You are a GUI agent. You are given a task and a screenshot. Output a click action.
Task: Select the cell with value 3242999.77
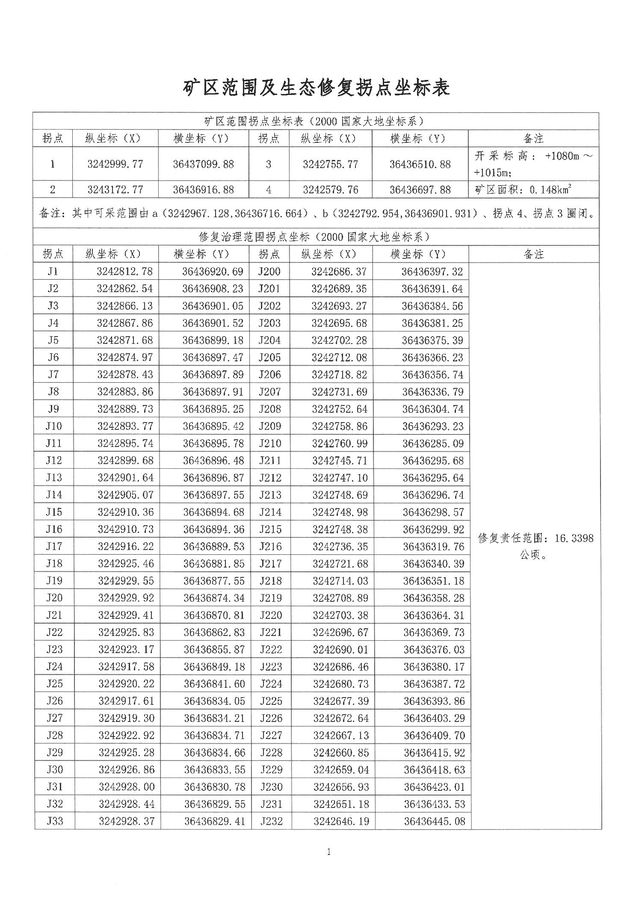[x=115, y=164]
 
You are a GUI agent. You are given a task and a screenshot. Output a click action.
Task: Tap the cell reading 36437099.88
[x=203, y=164]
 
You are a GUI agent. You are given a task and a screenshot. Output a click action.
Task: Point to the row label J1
[x=53, y=272]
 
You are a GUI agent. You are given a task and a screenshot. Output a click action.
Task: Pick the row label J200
[x=269, y=272]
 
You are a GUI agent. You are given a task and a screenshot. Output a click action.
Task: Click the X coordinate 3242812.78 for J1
[x=124, y=272]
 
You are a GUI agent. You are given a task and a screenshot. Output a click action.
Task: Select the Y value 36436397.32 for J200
[x=432, y=272]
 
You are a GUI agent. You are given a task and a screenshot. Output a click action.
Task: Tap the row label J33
[x=54, y=821]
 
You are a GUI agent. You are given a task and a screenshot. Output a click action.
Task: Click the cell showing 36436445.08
[x=435, y=821]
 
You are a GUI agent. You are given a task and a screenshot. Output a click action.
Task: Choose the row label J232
[x=271, y=821]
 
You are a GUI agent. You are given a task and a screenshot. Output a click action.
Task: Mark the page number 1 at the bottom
[x=328, y=852]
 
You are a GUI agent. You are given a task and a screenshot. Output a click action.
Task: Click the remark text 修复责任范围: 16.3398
[x=535, y=538]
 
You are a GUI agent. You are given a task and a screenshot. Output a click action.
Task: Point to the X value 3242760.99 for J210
[x=340, y=444]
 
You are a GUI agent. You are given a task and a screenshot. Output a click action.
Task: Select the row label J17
[x=54, y=546]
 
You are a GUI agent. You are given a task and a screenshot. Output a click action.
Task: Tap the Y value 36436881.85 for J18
[x=214, y=563]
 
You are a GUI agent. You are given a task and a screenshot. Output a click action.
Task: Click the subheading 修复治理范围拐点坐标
[x=314, y=237]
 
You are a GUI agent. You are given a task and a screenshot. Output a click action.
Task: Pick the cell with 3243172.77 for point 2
[x=115, y=190]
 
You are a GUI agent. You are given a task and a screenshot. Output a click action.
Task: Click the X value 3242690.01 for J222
[x=340, y=649]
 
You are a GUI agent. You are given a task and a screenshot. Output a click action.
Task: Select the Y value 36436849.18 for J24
[x=214, y=666]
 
